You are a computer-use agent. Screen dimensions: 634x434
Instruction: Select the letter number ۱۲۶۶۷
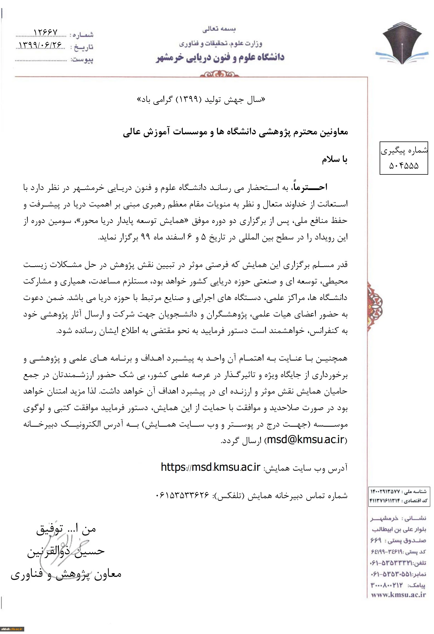click(x=45, y=33)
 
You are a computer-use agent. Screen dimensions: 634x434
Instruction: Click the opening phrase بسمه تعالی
click(x=219, y=29)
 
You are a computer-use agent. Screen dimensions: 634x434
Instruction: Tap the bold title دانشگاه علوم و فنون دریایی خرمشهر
click(x=220, y=58)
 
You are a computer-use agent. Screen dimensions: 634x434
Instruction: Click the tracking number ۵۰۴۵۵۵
click(x=404, y=166)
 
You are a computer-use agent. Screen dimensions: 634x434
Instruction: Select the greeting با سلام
click(x=334, y=160)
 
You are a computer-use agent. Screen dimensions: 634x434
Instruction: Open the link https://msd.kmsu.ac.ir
click(x=210, y=467)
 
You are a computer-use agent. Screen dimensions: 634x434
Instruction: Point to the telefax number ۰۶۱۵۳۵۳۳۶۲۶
click(x=182, y=495)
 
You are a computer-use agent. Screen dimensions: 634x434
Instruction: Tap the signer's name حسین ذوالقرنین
click(x=66, y=551)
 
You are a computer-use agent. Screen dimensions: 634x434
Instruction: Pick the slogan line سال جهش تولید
click(x=201, y=100)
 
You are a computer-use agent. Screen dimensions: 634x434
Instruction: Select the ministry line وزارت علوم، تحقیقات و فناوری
click(x=220, y=44)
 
